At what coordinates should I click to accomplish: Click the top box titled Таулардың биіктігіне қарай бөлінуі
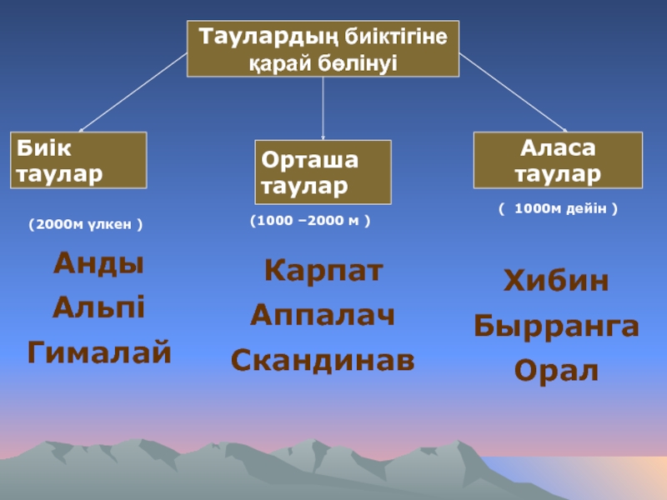click(x=323, y=49)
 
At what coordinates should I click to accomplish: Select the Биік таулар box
click(x=78, y=160)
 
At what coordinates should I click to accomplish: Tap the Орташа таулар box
click(x=323, y=172)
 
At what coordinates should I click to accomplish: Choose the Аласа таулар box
click(x=558, y=160)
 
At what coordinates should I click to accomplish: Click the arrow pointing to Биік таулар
click(x=133, y=92)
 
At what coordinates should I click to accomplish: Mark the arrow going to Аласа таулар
click(x=512, y=92)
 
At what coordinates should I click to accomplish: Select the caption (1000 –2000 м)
click(x=310, y=222)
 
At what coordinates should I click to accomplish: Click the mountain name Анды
click(x=98, y=265)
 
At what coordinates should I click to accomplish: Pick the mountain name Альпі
click(x=98, y=308)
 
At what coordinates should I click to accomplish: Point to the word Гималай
click(x=99, y=352)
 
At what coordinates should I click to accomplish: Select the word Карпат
click(x=323, y=272)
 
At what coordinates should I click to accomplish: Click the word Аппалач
click(x=323, y=316)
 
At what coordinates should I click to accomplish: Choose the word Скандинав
click(x=323, y=360)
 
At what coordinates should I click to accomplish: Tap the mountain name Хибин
click(x=556, y=282)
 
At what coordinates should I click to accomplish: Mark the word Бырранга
click(x=556, y=326)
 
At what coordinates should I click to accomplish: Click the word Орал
click(x=556, y=370)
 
